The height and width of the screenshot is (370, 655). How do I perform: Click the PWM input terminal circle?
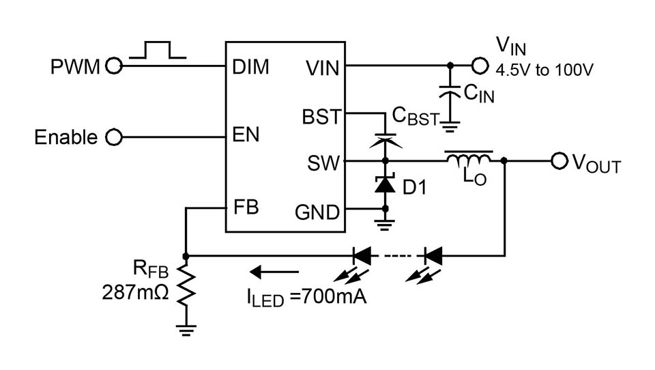114,66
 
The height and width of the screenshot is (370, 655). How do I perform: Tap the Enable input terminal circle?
114,137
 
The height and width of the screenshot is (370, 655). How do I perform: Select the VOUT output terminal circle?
559,161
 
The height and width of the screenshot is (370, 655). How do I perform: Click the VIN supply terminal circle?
480,66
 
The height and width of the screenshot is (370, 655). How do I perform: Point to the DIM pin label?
250,67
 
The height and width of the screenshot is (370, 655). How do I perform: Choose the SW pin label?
323,163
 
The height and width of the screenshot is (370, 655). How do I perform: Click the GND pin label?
317,212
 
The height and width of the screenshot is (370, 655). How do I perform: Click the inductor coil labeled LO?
469,159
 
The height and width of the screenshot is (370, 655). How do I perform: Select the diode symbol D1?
385,184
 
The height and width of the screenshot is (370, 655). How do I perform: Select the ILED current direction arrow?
268,272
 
